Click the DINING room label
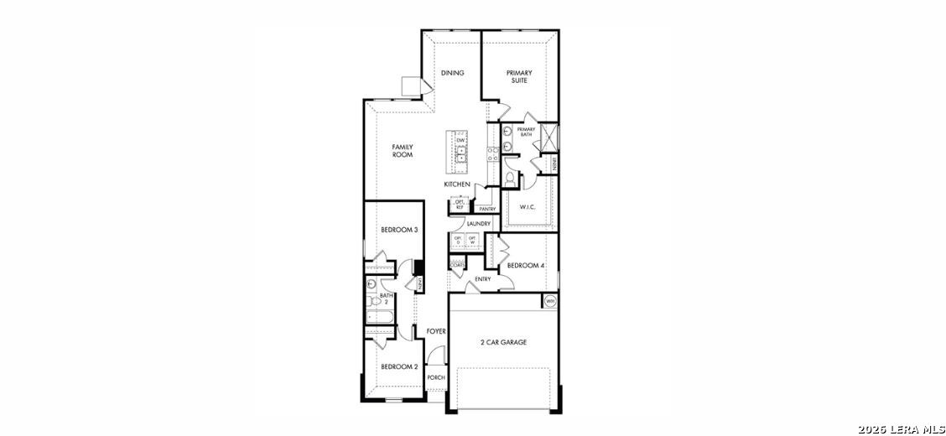point(452,73)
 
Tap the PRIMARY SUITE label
point(519,77)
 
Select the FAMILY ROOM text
point(403,151)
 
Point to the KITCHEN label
point(457,184)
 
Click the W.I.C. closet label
point(528,206)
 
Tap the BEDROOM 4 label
point(526,266)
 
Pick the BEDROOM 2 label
point(399,366)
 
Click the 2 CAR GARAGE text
point(503,342)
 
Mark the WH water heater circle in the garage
point(550,301)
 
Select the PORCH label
point(435,378)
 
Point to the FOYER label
point(436,331)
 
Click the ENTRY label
point(483,279)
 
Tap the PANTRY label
point(486,209)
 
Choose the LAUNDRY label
point(479,224)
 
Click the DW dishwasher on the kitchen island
point(460,140)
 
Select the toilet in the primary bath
point(508,179)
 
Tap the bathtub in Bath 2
point(380,317)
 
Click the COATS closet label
point(458,266)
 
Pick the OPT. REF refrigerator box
point(460,204)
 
